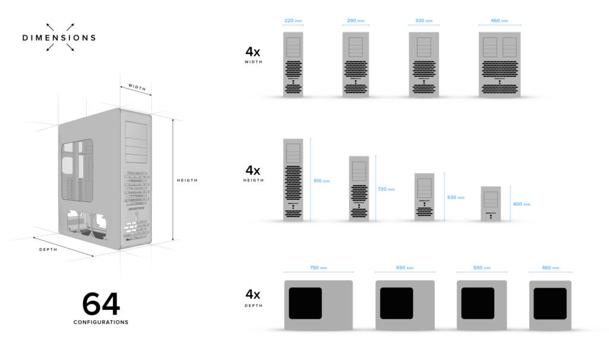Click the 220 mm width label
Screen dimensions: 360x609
tap(293, 21)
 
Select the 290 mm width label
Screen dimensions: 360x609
tap(356, 21)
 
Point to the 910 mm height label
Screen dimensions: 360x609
tap(322, 181)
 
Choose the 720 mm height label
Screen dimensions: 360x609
tap(386, 189)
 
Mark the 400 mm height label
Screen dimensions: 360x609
tap(522, 204)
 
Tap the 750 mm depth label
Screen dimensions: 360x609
tap(318, 268)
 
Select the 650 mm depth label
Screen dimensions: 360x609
tap(404, 268)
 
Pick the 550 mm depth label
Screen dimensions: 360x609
tap(481, 268)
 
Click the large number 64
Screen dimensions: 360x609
tap(101, 304)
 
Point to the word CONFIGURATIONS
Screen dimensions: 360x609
tap(101, 323)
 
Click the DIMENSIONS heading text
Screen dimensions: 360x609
tap(59, 37)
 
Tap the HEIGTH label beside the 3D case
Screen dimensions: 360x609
tap(187, 180)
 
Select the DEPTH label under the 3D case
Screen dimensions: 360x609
tap(48, 249)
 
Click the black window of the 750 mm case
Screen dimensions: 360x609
tap(305, 303)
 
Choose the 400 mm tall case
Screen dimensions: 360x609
tap(491, 204)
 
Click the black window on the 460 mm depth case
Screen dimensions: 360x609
tap(550, 303)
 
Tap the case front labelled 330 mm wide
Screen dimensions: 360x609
tap(423, 64)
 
